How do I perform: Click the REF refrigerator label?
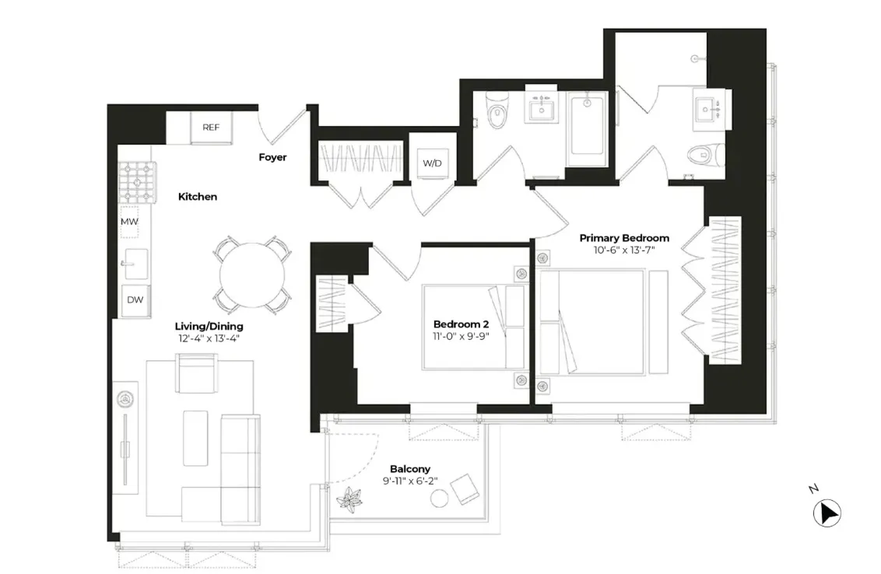[x=210, y=128]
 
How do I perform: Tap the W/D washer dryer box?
[x=432, y=163]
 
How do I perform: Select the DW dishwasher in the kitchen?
[x=135, y=299]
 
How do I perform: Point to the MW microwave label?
[x=128, y=222]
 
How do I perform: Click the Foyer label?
[x=272, y=157]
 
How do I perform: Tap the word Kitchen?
[x=198, y=197]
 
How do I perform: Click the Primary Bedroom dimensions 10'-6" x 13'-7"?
[x=624, y=250]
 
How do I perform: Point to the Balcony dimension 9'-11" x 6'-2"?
[x=409, y=481]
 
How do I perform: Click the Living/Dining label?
[x=209, y=326]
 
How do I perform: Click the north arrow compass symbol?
[x=827, y=514]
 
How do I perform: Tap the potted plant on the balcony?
[x=348, y=499]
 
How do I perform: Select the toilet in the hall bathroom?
[x=496, y=111]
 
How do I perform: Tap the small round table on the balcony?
[x=440, y=498]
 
